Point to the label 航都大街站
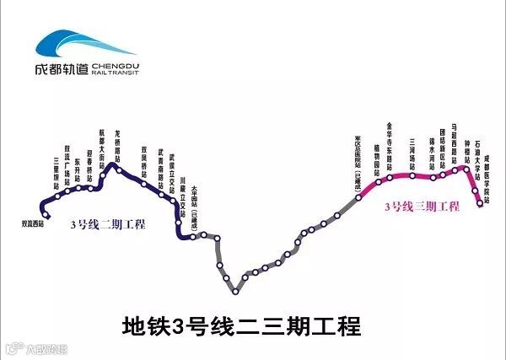pos(102,148)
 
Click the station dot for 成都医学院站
pos(480,203)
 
